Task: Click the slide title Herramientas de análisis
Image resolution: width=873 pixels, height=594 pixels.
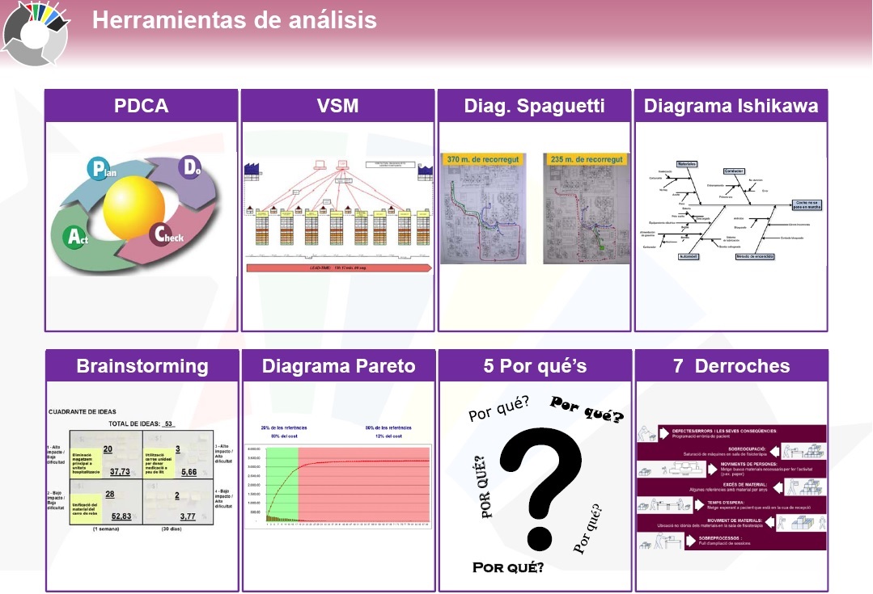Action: (234, 19)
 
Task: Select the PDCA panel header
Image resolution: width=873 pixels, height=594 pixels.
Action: (142, 106)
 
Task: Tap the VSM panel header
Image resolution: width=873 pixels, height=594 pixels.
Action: (338, 106)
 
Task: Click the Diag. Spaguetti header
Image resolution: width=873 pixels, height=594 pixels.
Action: (535, 106)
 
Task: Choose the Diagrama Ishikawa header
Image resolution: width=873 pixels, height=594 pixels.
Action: (731, 106)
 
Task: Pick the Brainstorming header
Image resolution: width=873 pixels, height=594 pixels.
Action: (142, 366)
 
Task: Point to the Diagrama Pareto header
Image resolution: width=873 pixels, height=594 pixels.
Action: (338, 366)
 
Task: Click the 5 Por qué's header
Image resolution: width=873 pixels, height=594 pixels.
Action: (535, 366)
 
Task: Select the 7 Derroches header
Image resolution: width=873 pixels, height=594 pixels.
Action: (731, 366)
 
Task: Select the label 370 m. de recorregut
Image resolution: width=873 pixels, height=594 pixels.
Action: (481, 160)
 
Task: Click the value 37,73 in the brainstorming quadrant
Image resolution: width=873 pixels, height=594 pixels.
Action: (120, 471)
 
